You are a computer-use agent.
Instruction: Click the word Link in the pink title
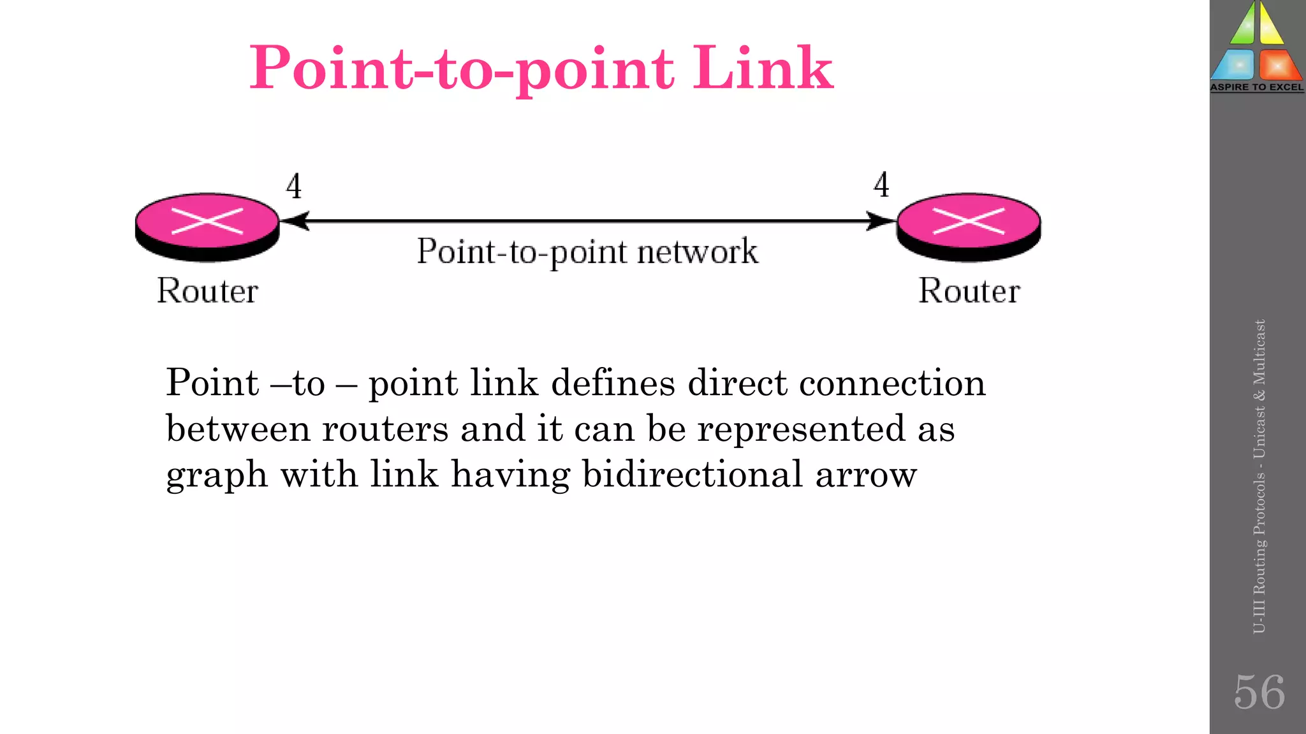(763, 68)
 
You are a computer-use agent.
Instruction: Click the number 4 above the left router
(293, 187)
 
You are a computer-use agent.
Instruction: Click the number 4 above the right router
(881, 185)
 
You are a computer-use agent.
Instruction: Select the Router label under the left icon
(207, 291)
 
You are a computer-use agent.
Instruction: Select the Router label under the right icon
(969, 291)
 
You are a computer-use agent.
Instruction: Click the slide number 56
(1259, 692)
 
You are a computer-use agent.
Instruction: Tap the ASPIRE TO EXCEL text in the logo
(1257, 87)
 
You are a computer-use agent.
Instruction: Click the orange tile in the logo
(1279, 65)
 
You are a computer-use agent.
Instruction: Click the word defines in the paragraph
(613, 384)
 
